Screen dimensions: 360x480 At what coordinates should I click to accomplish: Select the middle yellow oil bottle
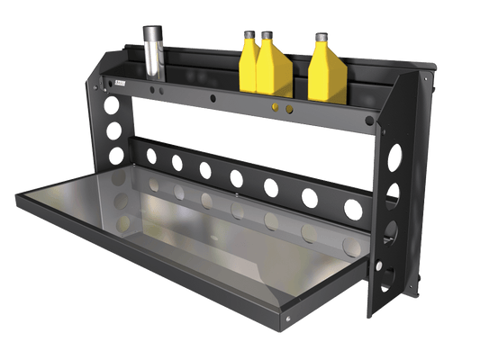[x=273, y=70]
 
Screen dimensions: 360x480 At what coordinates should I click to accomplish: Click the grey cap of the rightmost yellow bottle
[x=320, y=37]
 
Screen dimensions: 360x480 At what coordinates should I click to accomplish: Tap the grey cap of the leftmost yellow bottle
[x=249, y=35]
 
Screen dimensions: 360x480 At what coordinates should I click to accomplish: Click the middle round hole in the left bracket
[x=114, y=130]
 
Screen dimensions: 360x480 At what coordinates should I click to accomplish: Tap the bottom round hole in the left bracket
[x=116, y=154]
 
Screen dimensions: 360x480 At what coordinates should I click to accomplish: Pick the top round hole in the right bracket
[x=394, y=157]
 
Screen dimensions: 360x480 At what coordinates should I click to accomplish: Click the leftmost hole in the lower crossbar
[x=150, y=156]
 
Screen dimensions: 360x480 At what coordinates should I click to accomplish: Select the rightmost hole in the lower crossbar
[x=354, y=209]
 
